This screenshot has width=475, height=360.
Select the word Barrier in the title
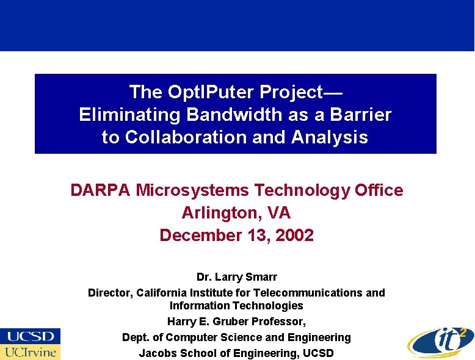pos(362,115)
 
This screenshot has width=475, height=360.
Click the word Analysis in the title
pos(330,137)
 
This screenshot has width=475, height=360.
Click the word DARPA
pos(101,190)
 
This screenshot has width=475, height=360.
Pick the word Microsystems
pos(192,190)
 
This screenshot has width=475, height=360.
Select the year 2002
pos(294,236)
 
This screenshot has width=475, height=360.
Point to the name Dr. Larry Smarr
pos(237,277)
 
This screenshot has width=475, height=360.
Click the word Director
pos(111,293)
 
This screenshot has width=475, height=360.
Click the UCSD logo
pos(31,336)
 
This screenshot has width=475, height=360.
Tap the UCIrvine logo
pos(31,352)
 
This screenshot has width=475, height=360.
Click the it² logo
pos(440,340)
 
